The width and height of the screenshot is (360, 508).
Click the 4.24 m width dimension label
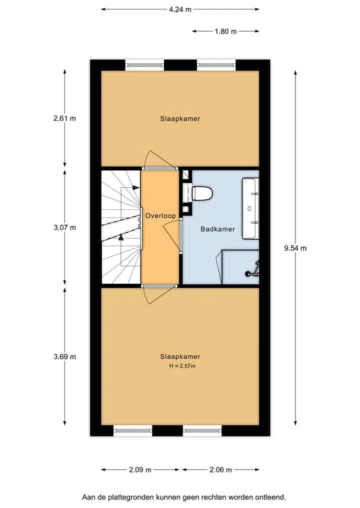180,9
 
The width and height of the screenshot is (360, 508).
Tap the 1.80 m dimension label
225,31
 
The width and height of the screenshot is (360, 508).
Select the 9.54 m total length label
295,248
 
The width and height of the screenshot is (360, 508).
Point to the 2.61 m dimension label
64,118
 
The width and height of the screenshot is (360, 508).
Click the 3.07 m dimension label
64,227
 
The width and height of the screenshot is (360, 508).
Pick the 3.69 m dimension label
64,357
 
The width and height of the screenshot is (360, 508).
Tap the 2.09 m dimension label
140,470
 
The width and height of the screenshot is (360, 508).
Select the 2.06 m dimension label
220,470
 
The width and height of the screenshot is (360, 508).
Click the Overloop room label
160,216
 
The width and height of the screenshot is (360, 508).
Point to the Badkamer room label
217,229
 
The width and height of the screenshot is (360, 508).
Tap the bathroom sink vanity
250,208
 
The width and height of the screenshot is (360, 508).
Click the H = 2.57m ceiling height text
182,366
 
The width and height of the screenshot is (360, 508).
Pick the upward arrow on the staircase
121,237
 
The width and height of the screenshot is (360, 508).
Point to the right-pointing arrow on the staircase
135,187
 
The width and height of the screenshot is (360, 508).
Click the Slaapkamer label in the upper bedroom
180,118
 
